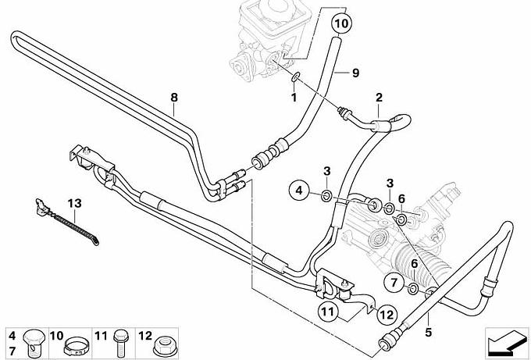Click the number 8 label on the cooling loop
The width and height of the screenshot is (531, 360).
pos(174,98)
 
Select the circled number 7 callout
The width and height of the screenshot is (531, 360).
pos(394,280)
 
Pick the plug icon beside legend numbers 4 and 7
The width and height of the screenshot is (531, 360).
pos(32,341)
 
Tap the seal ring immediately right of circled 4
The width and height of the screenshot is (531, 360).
pos(326,193)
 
